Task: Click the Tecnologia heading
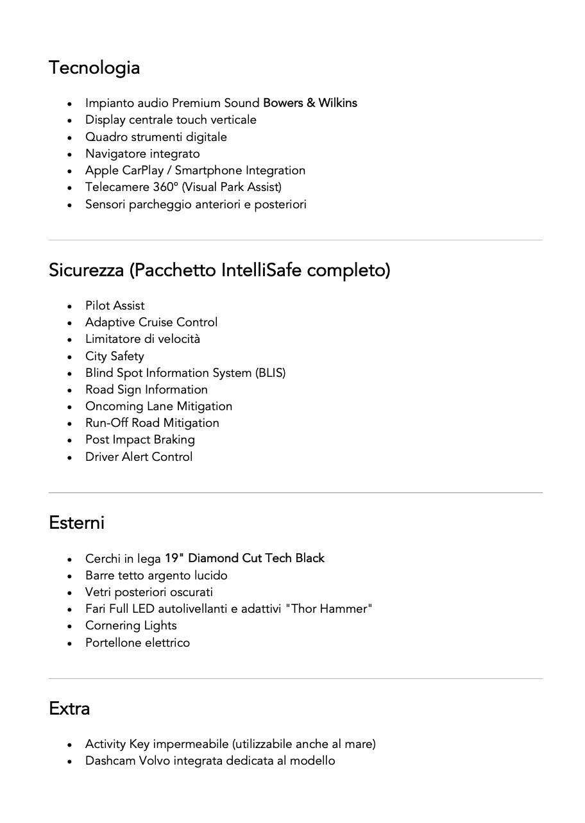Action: [94, 67]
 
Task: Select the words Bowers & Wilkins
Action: [310, 103]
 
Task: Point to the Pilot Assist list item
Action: [115, 306]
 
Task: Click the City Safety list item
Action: [114, 356]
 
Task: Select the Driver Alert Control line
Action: [139, 457]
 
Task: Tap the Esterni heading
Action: [76, 522]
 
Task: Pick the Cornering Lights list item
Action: [131, 626]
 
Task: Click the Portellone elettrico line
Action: [137, 643]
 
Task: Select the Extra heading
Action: [69, 708]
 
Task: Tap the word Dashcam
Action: [110, 761]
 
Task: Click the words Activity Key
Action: [117, 744]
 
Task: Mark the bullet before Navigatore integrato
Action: [69, 154]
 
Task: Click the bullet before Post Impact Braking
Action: [69, 440]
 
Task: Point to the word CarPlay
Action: [142, 170]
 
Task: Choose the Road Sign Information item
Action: [146, 390]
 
